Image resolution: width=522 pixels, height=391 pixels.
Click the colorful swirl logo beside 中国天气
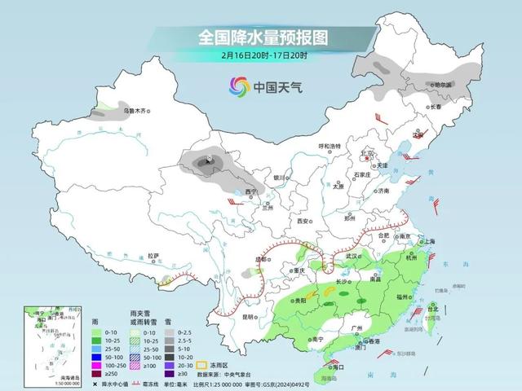coord(238,86)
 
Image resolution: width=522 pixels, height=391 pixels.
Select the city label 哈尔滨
coord(443,85)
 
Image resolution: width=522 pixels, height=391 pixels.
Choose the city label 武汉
coord(352,256)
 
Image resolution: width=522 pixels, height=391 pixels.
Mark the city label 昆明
coord(233,316)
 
